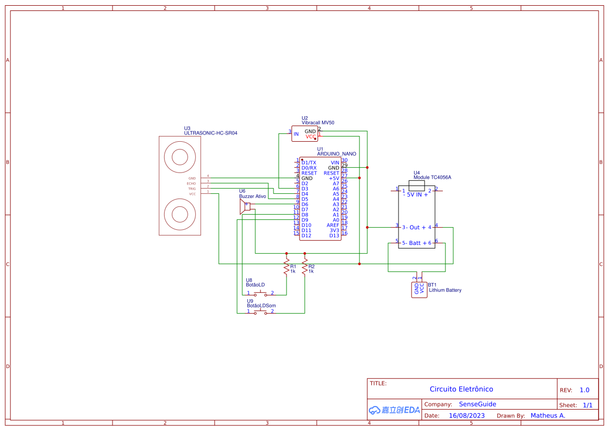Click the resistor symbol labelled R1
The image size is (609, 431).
[x=286, y=268]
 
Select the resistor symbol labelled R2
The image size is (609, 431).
[x=305, y=268]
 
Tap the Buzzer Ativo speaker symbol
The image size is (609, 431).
[x=244, y=207]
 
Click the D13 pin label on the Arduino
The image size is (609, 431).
[x=334, y=236]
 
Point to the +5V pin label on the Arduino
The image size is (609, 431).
[x=333, y=178]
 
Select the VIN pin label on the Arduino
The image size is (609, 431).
[x=334, y=163]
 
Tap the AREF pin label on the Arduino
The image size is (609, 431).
[x=333, y=225]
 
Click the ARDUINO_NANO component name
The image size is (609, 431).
[x=337, y=154]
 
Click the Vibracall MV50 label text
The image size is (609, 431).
[x=318, y=123]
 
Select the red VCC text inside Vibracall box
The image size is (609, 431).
[x=310, y=137]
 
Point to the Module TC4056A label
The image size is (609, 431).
[x=432, y=177]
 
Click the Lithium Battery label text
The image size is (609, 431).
[x=445, y=290]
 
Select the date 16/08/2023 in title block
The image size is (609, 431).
[x=466, y=416]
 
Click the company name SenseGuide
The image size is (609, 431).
[x=477, y=404]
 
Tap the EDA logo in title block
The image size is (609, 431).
[x=394, y=410]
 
